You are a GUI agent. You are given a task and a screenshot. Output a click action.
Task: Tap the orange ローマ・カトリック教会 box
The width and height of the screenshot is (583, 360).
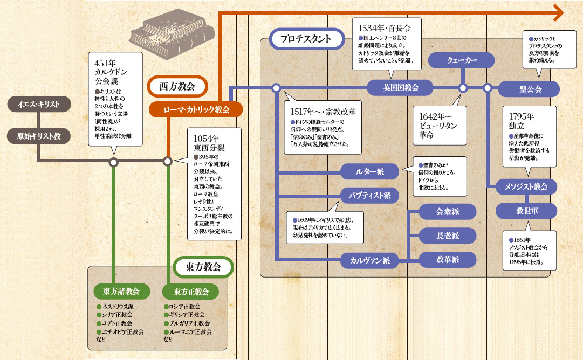[196, 109]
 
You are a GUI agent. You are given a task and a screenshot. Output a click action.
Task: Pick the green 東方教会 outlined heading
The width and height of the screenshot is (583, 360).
[203, 267]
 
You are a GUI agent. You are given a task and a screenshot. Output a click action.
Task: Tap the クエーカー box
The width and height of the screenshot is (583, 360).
[462, 61]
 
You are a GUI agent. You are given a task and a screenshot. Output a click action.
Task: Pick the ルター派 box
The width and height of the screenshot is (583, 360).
[369, 172]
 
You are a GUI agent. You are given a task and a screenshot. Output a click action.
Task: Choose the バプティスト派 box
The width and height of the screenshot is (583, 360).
[369, 195]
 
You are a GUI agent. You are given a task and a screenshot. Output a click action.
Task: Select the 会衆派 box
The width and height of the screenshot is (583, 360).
[448, 212]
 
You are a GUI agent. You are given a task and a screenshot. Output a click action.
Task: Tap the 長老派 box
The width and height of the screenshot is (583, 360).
[448, 236]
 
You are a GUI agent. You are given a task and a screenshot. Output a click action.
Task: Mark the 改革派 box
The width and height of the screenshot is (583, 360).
[448, 259]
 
